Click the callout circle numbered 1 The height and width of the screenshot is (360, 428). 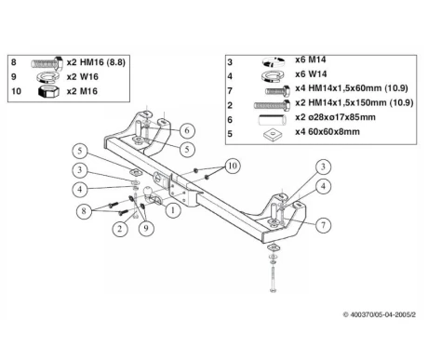pos(173,210)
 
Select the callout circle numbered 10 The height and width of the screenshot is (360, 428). pos(233,167)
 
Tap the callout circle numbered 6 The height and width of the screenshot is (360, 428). pos(187,130)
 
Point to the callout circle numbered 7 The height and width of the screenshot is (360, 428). pos(323,225)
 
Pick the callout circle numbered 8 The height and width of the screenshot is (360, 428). pos(84,211)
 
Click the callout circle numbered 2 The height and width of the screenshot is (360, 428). pos(120,229)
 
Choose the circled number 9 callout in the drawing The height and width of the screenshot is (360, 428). pos(146,228)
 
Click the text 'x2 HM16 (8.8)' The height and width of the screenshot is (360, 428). pos(96,62)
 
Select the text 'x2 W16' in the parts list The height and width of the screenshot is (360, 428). pos(83,76)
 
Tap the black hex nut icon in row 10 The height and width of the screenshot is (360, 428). pos(48,91)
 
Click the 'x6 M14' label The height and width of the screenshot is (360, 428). pos(311,60)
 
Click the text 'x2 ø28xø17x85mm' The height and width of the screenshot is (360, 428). pos(335,117)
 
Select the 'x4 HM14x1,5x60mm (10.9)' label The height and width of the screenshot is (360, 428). pos(352,88)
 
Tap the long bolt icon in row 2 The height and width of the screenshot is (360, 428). pos(272,105)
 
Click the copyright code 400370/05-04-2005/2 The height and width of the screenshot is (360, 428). pos(380,314)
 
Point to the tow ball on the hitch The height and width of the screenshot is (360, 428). pos(148,191)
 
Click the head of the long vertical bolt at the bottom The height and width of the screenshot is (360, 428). pos(273,290)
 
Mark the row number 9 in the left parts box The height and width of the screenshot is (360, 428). pos(14,76)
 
